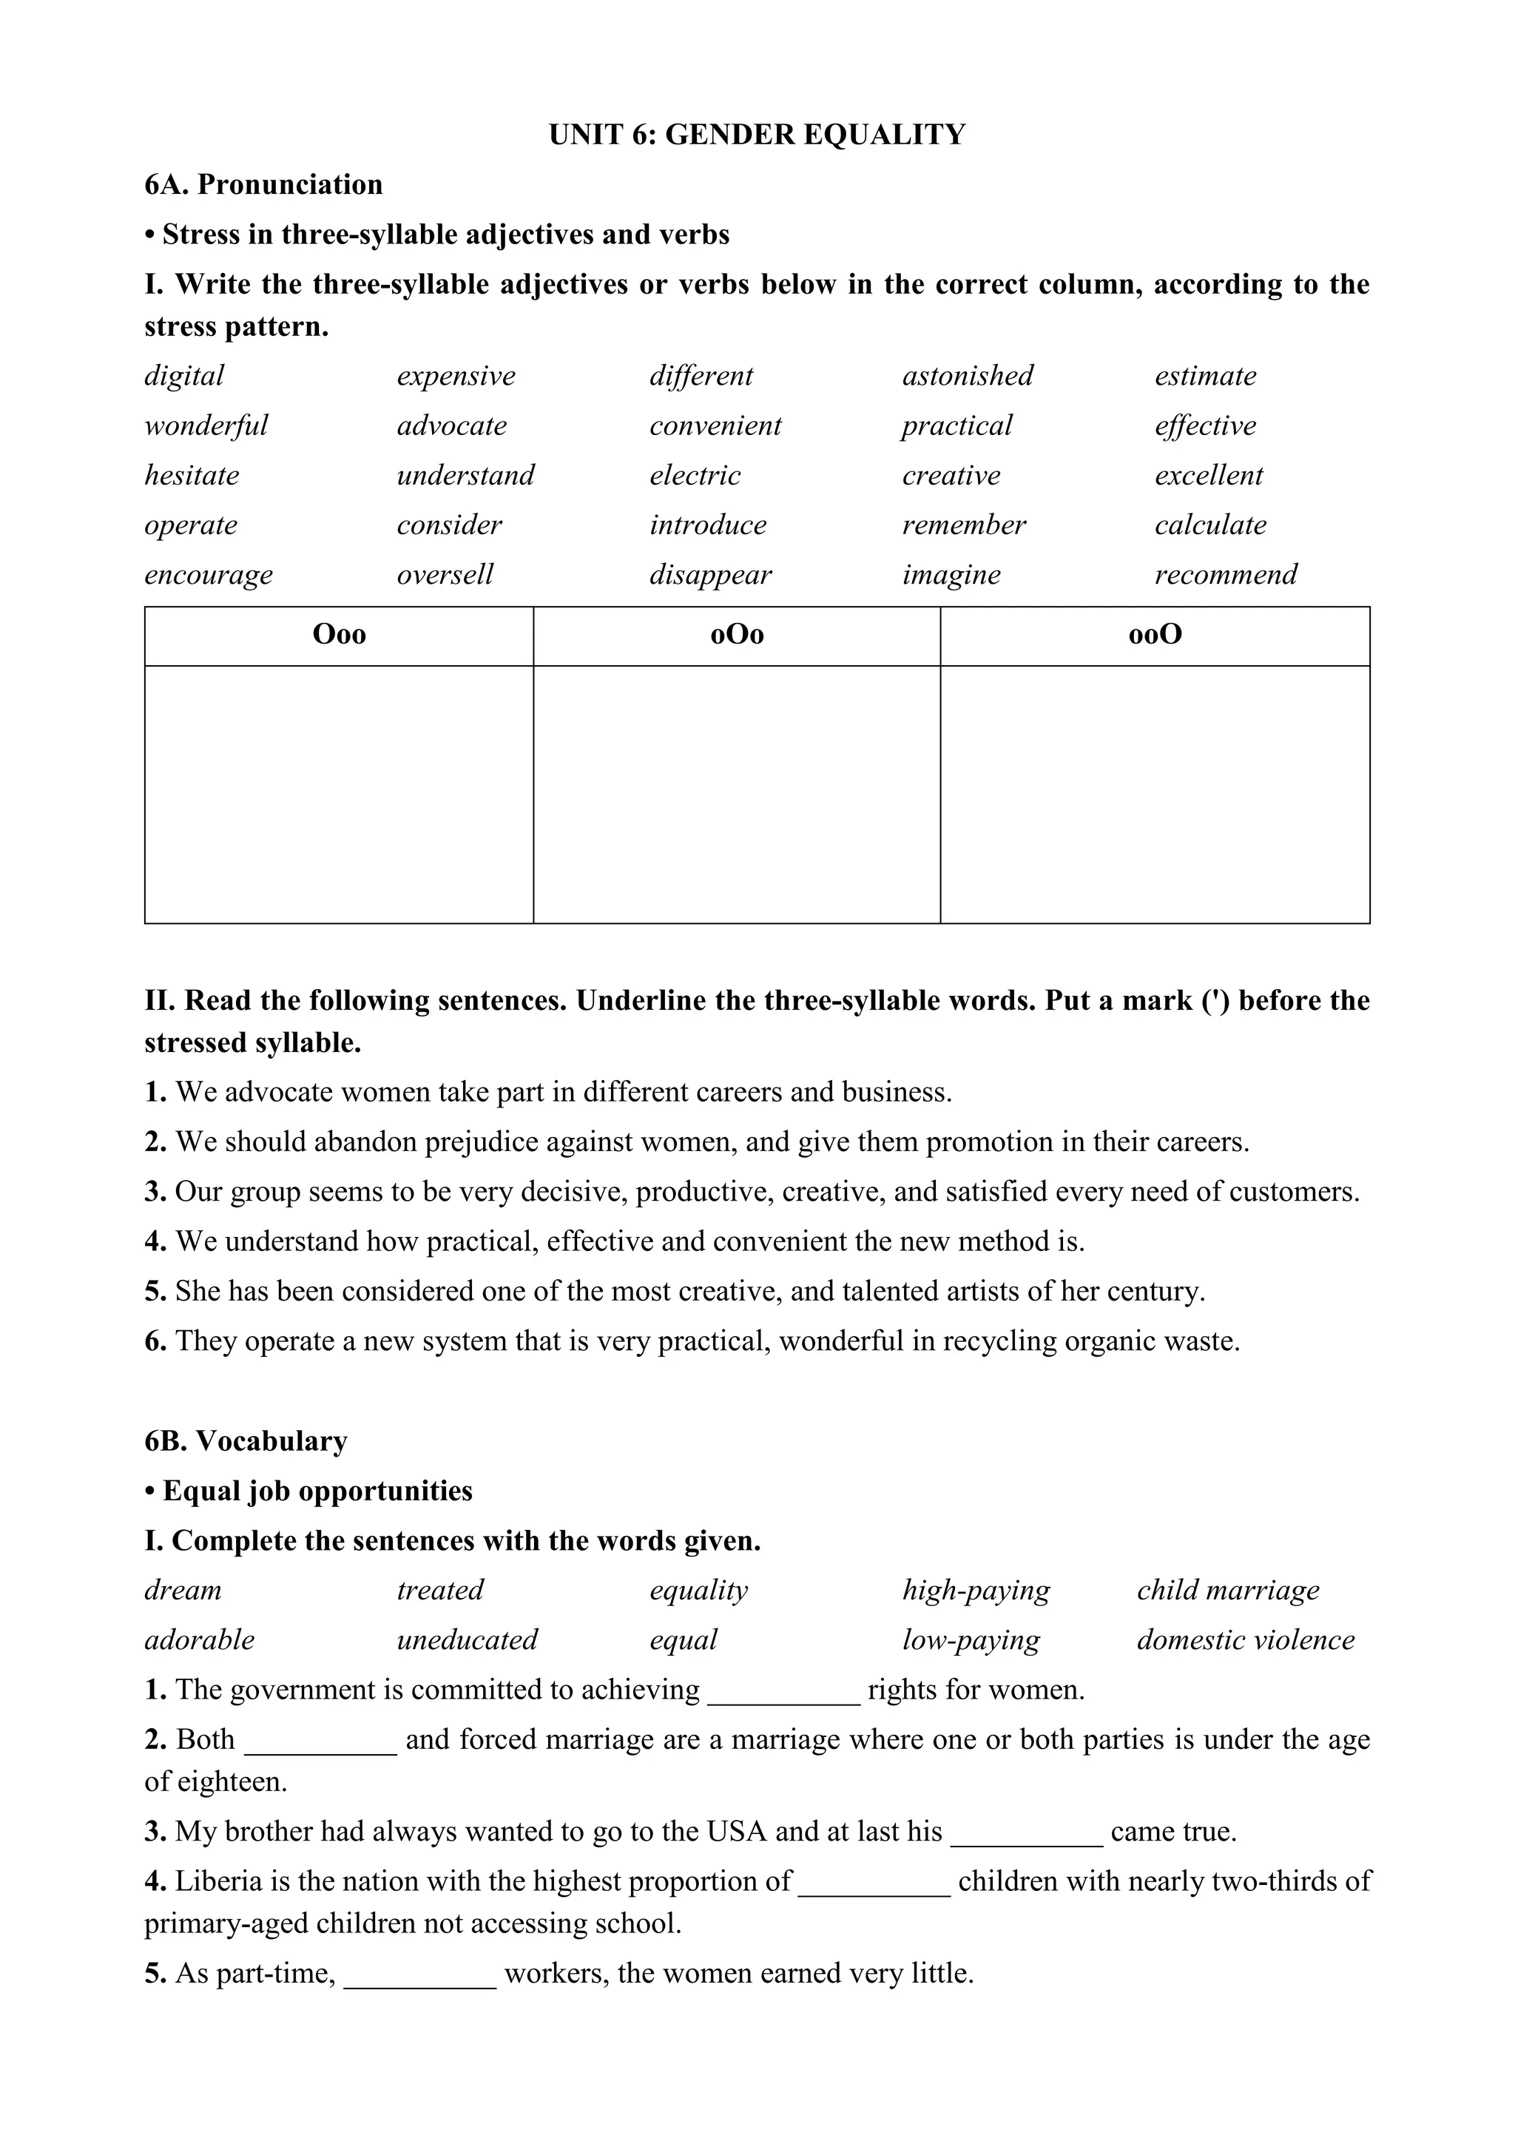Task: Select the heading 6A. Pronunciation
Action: click(x=263, y=185)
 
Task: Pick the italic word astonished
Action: click(x=968, y=376)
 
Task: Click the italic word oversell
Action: click(x=445, y=575)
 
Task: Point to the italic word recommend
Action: click(x=1226, y=575)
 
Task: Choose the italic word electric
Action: click(x=695, y=476)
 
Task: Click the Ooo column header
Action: click(x=339, y=635)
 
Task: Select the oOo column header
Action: click(x=736, y=635)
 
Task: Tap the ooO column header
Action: click(x=1155, y=635)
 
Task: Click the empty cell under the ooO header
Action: click(x=1155, y=794)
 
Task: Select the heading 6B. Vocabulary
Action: click(x=246, y=1441)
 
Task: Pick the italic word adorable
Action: click(x=199, y=1640)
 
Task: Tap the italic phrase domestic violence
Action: click(x=1246, y=1640)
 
